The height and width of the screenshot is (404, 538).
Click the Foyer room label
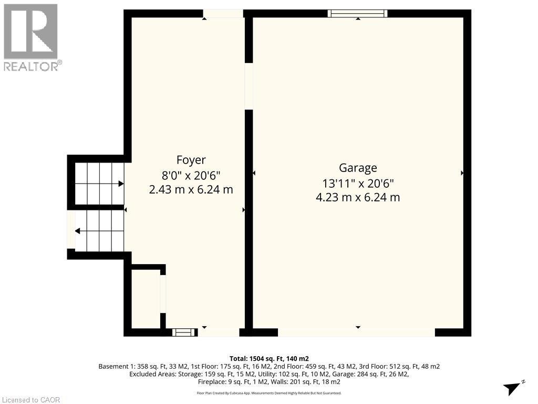point(191,160)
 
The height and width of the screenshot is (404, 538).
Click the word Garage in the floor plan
point(358,168)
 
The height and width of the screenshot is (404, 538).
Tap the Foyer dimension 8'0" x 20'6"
point(191,175)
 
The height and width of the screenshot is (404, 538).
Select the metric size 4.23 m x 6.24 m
point(358,198)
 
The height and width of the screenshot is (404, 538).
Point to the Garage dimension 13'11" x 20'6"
point(358,183)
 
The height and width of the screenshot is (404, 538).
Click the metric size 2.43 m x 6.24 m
point(191,189)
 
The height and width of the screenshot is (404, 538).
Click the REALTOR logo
point(32,37)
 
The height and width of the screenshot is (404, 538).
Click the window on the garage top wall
point(358,14)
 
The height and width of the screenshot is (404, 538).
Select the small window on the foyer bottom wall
point(183,332)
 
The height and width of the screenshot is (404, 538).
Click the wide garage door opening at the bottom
point(356,332)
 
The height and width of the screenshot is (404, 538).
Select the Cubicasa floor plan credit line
point(269,393)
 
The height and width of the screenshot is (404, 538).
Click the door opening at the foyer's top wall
point(223,14)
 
